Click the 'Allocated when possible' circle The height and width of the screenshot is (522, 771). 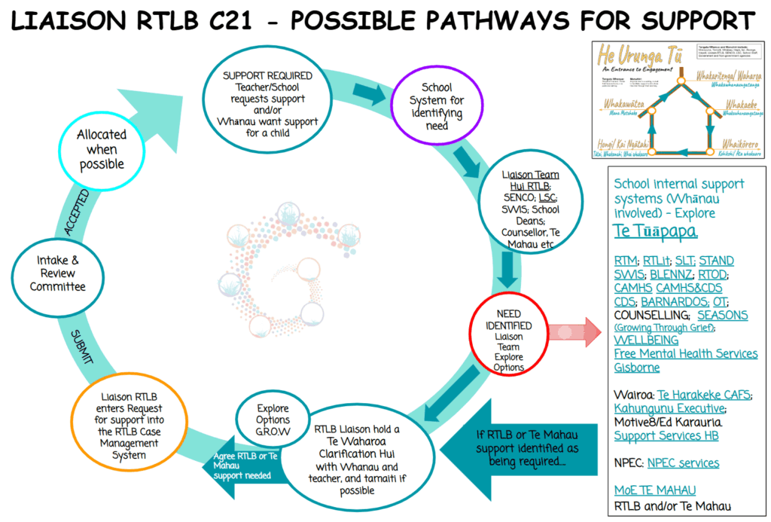click(x=101, y=149)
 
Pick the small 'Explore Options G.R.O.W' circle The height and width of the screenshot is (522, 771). click(x=273, y=418)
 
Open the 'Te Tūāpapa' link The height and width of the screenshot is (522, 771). click(x=654, y=232)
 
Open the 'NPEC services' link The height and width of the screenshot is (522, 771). click(x=683, y=462)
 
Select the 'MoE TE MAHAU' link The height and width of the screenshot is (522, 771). click(x=654, y=490)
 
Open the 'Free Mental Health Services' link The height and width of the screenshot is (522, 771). click(x=685, y=353)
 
